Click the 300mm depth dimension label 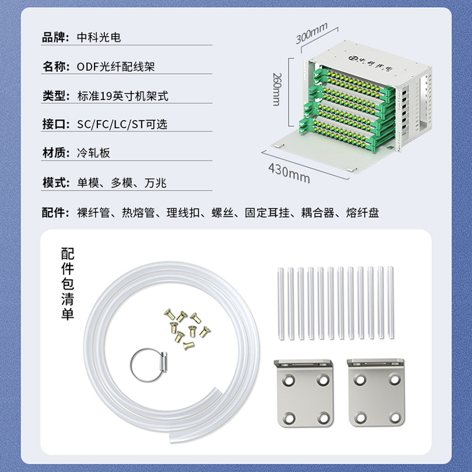tap(312, 33)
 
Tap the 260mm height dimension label tap(277, 89)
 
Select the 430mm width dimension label tap(289, 173)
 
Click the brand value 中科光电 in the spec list tap(99, 37)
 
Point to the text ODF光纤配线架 tap(116, 67)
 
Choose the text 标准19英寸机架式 tap(123, 96)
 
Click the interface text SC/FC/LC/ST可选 tap(122, 124)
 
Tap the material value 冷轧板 tap(94, 153)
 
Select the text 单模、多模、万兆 tap(122, 183)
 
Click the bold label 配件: tap(55, 212)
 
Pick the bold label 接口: tap(55, 124)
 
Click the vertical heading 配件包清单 tap(67, 284)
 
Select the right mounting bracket tap(375, 392)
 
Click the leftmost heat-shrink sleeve tap(281, 303)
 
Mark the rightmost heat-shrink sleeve tap(391, 303)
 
